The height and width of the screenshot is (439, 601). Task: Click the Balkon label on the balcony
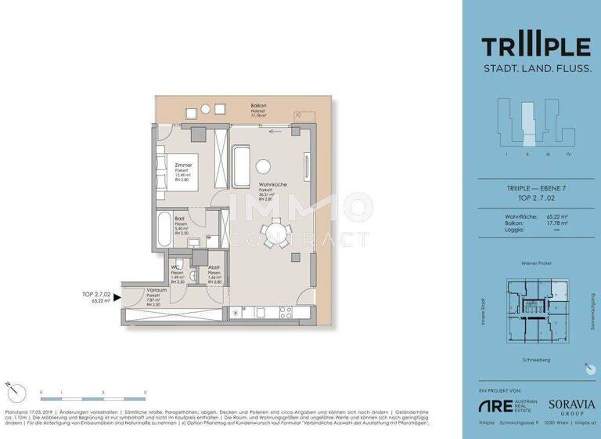[x=258, y=106]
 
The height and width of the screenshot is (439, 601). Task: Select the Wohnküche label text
[x=272, y=186]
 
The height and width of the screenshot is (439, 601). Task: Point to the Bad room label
[x=180, y=219]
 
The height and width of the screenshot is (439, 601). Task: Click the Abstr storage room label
[x=214, y=268]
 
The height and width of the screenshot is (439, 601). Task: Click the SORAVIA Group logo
[x=570, y=406]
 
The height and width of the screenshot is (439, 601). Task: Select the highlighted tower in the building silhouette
[x=528, y=125]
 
